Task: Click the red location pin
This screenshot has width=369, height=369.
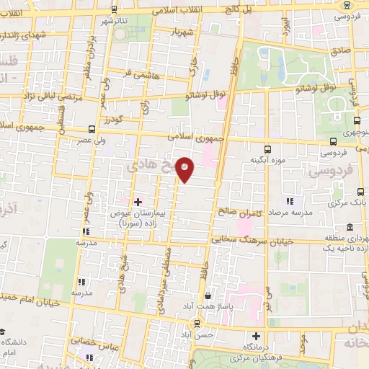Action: (185, 170)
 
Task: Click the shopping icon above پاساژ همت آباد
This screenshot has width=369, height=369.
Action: (208, 295)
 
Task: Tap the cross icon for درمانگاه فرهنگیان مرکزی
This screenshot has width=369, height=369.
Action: (257, 336)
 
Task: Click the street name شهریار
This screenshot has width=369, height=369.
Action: (180, 32)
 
